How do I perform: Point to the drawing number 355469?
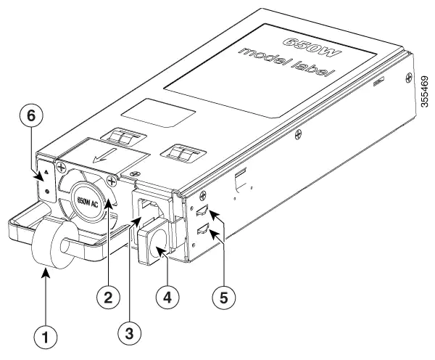pyautogui.click(x=424, y=87)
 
